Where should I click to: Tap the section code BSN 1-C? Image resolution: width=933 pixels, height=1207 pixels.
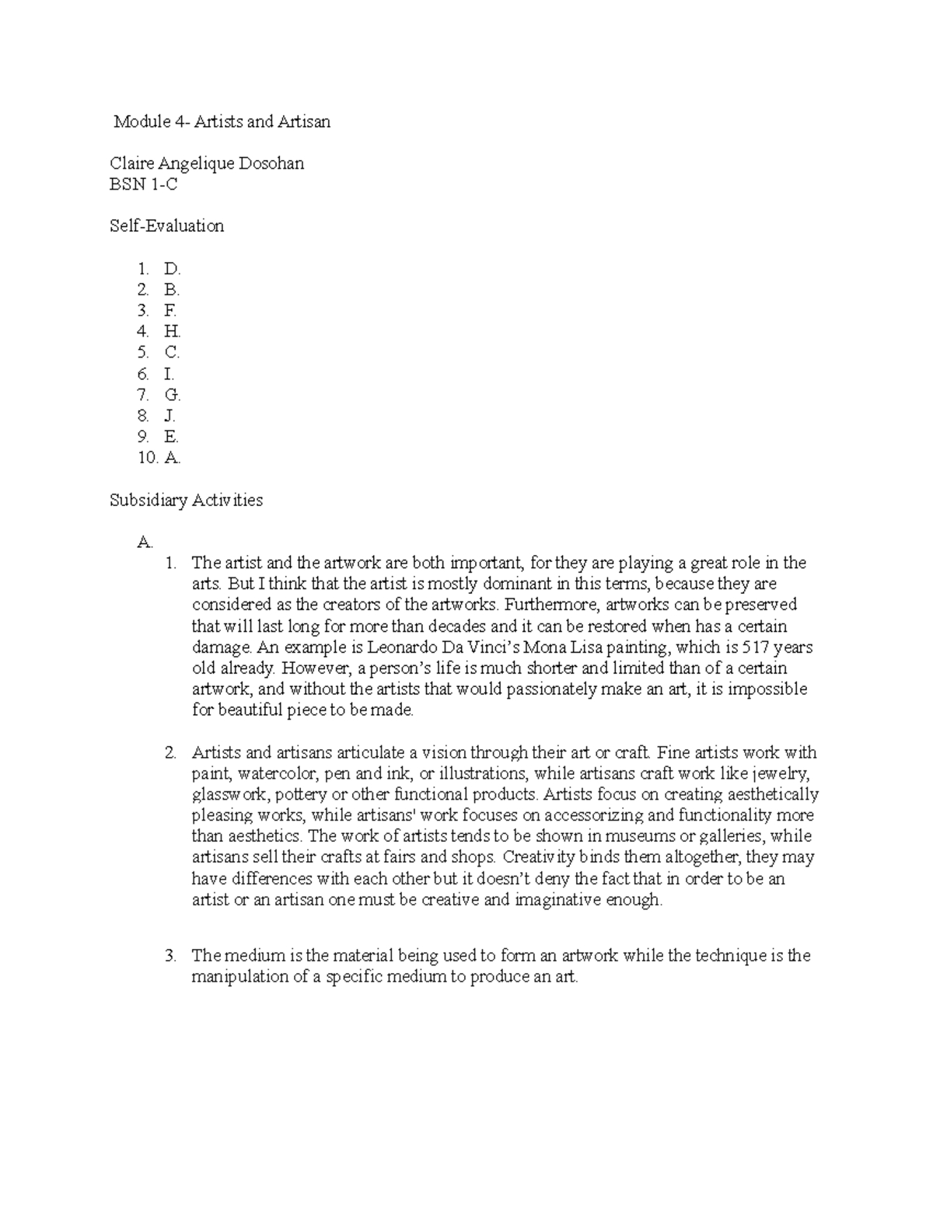point(144,184)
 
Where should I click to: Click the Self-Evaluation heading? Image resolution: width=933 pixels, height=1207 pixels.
point(166,226)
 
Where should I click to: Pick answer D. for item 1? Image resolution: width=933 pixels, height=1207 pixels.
point(172,269)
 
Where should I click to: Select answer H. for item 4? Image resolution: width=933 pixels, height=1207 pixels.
point(172,332)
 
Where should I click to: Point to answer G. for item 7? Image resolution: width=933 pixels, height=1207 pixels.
point(172,395)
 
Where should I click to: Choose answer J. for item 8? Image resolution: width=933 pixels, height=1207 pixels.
point(169,416)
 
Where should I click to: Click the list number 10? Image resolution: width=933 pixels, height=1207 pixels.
point(148,458)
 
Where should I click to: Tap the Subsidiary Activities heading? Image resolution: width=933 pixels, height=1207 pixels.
point(186,500)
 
